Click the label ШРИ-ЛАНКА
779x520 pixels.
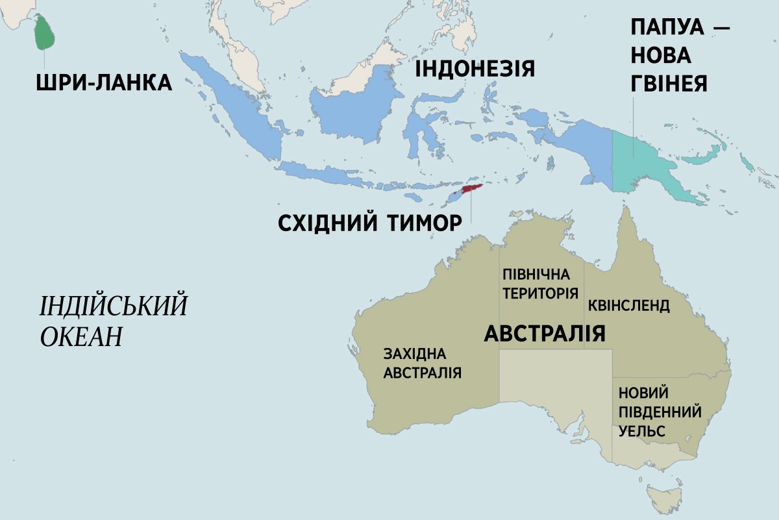point(105,82)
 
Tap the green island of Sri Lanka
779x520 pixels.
point(44,32)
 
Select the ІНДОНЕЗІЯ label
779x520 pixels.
point(475,68)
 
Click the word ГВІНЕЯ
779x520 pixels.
point(669,82)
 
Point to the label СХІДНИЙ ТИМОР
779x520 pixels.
point(369,223)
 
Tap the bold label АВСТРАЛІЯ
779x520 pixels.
point(545,333)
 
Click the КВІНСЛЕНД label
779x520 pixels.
point(628,306)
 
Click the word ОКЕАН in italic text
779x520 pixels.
point(82,337)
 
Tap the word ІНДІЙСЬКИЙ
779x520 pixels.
point(113,306)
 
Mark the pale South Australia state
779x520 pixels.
point(552,383)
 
